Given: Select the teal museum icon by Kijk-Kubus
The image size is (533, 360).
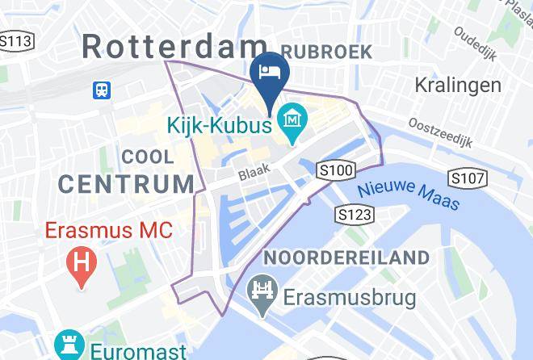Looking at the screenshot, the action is pos(288,122).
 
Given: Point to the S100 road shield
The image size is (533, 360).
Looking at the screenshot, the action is pos(337,170).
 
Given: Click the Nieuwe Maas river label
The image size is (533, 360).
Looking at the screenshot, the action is pos(409,195).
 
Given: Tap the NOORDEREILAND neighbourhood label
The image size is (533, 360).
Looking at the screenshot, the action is pos(346,258).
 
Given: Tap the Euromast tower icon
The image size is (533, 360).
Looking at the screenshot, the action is pos(69,345).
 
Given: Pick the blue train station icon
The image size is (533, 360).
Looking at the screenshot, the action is pos(103,90).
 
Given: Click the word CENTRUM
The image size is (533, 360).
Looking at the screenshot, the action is pos(127,184).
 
